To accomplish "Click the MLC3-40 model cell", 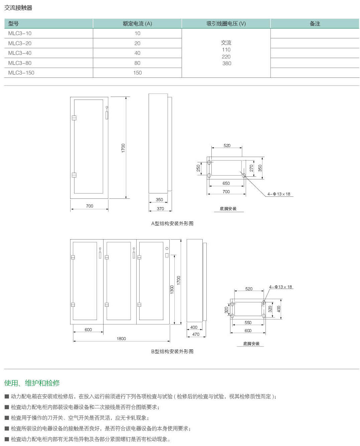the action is (20, 53).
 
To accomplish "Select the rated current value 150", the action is (137, 72).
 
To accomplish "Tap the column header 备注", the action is (315, 24).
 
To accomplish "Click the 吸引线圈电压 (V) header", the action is (226, 24).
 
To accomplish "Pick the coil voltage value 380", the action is (227, 63).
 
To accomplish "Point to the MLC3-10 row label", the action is (20, 33).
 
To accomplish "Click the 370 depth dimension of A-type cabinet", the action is (160, 208).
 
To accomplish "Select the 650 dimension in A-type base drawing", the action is (226, 183).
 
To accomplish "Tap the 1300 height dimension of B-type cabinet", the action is (172, 290).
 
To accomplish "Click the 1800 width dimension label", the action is (121, 338).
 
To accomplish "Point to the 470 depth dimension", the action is (196, 334).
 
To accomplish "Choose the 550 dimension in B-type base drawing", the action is (248, 322).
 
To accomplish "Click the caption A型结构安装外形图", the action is (172, 224).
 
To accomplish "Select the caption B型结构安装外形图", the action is (172, 351).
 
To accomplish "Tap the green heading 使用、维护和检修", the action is (32, 383).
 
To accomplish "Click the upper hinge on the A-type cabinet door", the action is (74, 118).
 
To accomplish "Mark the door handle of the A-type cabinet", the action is (107, 113).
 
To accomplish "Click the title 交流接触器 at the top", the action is (18, 8).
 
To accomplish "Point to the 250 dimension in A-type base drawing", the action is (198, 168).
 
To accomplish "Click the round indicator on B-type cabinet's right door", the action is (167, 249).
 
